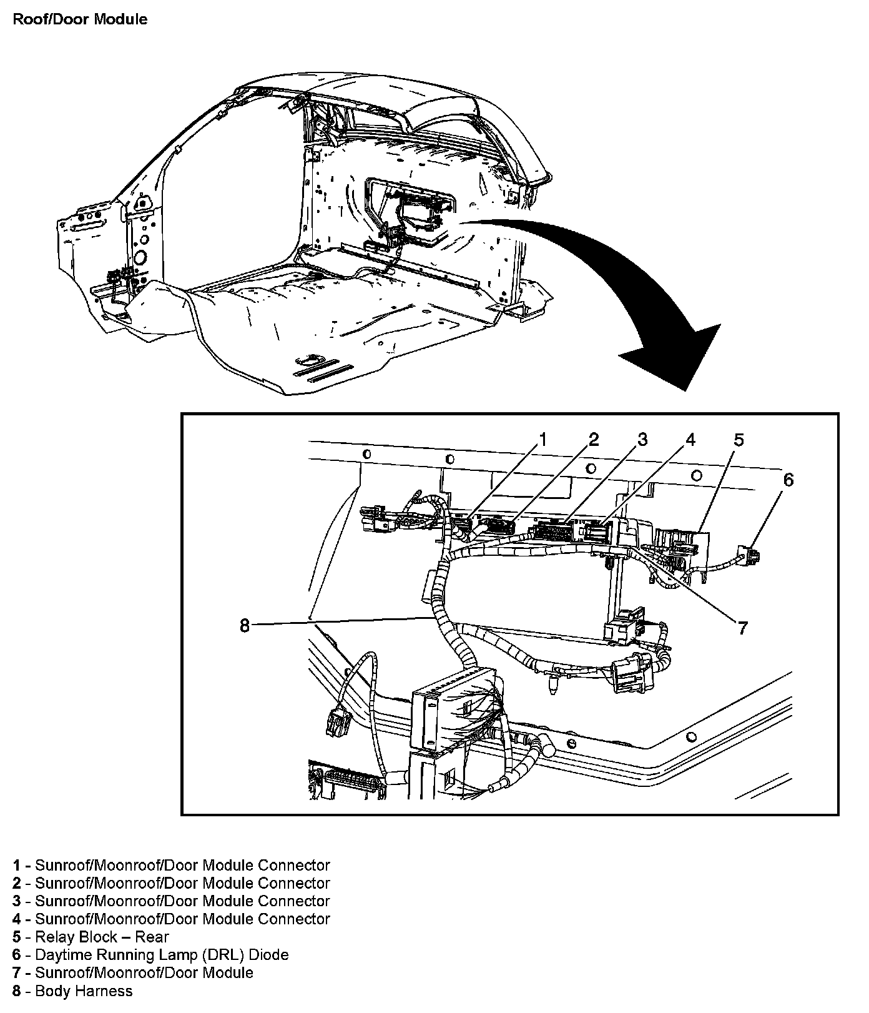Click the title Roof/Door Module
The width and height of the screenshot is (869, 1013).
80,19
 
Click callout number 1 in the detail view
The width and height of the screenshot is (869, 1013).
543,440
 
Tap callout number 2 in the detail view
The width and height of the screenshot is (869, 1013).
593,440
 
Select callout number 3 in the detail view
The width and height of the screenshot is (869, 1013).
642,440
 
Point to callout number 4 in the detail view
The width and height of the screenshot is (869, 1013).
690,440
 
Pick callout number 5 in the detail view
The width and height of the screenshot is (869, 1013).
739,440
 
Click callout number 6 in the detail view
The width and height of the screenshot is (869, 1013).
788,480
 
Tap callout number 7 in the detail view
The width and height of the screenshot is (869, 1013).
742,627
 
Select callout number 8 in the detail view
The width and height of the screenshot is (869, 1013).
245,625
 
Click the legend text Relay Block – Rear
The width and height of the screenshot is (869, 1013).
102,937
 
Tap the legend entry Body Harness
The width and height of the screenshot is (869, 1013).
84,991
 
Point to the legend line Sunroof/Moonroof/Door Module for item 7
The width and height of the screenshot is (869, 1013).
144,973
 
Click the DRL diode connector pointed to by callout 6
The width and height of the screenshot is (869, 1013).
749,555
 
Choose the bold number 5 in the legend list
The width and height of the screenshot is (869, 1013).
16,937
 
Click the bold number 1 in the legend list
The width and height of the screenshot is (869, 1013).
16,866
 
